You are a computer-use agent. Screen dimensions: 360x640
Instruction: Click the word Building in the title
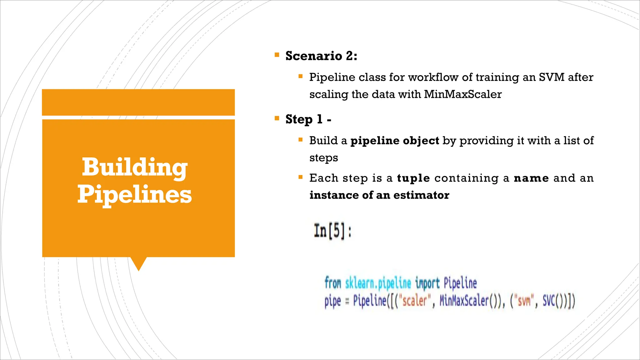135,167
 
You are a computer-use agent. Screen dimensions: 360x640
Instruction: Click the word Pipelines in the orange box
135,194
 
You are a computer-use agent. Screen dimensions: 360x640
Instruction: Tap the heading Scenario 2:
321,56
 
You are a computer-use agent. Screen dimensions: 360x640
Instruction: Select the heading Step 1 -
308,119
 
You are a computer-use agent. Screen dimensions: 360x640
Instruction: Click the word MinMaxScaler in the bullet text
462,94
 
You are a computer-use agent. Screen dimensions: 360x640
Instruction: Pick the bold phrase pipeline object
395,141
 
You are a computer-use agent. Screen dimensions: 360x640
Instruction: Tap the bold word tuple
413,178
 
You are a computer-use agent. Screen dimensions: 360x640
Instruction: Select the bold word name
531,178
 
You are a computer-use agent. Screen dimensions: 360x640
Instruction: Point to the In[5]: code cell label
332,231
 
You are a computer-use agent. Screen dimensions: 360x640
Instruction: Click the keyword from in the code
332,283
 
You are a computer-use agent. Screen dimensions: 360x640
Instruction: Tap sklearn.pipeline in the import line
378,283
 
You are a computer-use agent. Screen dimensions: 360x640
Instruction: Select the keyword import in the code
427,283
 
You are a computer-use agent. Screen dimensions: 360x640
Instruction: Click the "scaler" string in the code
414,301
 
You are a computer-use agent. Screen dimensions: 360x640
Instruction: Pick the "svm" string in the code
524,301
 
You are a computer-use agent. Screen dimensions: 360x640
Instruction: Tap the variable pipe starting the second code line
332,301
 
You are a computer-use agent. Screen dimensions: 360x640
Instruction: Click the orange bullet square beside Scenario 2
277,55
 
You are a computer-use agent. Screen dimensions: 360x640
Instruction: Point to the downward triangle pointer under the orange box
138,263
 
